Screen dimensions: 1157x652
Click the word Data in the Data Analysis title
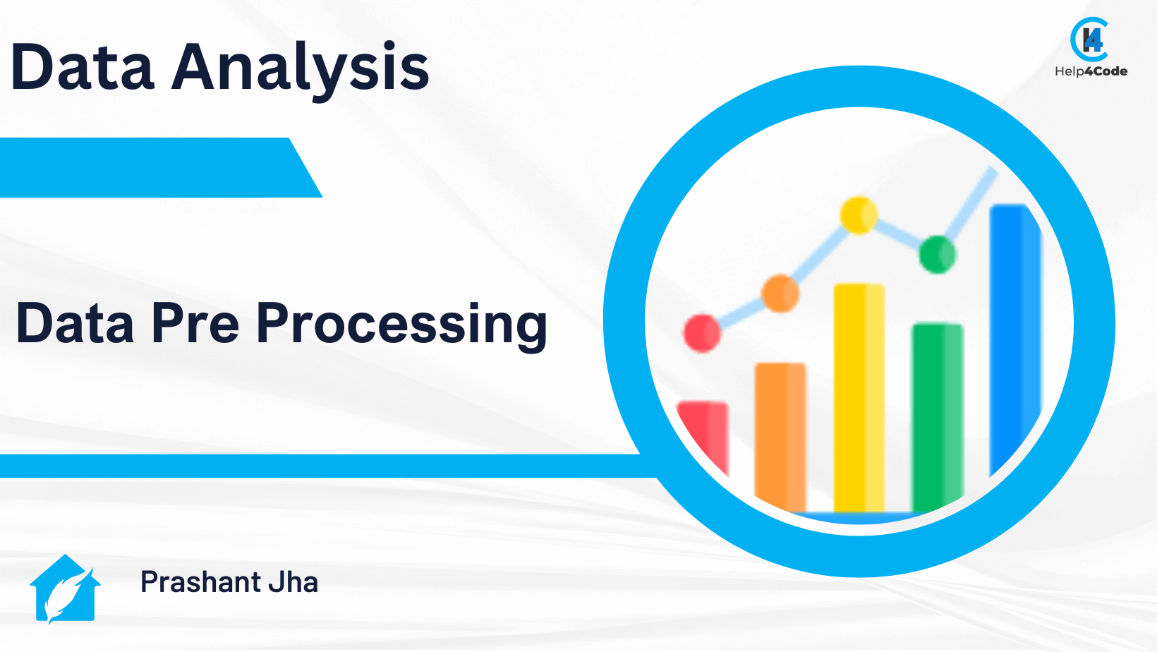coord(83,67)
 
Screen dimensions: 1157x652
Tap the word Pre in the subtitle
coord(195,323)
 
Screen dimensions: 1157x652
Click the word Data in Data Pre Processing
coord(75,323)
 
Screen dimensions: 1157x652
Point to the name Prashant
coord(200,581)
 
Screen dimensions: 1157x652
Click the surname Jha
coord(293,581)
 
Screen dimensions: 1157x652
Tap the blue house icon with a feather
coord(65,588)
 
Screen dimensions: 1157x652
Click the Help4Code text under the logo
coord(1091,71)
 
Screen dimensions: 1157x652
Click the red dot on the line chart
coord(702,333)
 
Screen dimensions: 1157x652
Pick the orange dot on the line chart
coord(780,294)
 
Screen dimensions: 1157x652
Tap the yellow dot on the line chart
coord(859,215)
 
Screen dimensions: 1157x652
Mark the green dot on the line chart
coord(937,254)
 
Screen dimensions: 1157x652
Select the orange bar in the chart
coord(780,437)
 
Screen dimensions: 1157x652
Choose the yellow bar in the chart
coord(859,398)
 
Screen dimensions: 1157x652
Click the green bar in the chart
coord(937,418)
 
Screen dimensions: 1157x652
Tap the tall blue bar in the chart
coord(1015,336)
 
